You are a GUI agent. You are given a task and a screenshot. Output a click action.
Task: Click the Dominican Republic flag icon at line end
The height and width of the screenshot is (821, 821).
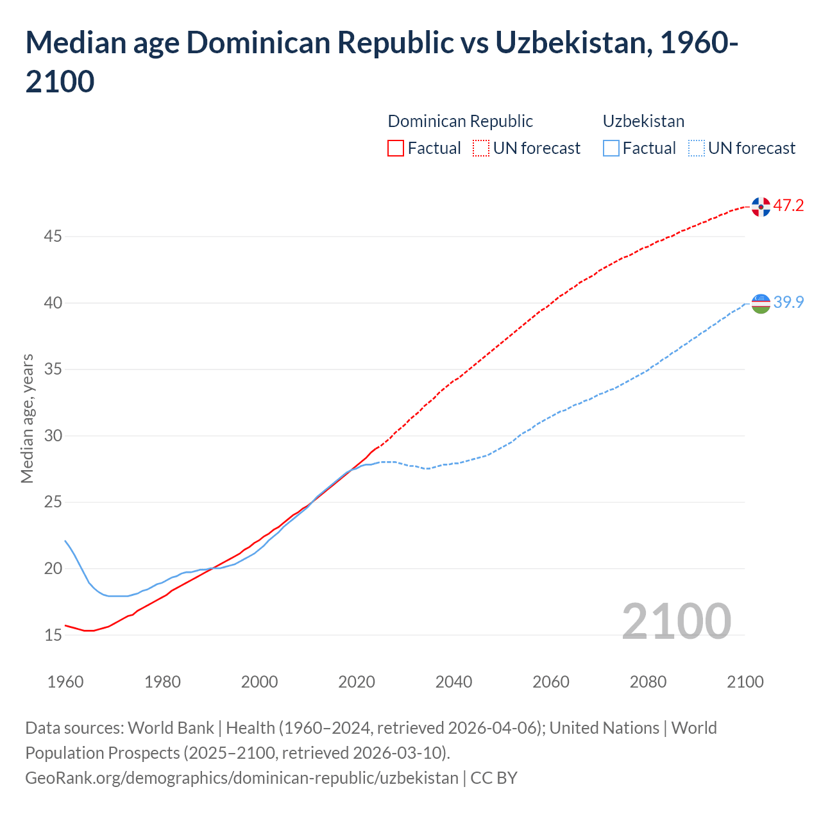coord(761,207)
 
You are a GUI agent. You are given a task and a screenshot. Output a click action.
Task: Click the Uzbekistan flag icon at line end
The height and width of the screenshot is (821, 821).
coord(761,303)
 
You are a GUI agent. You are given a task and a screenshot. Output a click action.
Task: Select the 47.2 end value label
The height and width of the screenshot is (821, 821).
coord(788,206)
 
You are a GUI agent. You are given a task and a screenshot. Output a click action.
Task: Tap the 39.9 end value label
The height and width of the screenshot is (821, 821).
coord(788,303)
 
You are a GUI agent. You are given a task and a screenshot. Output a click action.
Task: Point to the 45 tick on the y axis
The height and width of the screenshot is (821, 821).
coord(53,237)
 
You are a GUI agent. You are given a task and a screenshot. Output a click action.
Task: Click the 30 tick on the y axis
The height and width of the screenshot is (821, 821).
coord(53,436)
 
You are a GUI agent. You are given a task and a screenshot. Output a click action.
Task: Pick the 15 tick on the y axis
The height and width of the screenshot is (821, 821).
coord(53,636)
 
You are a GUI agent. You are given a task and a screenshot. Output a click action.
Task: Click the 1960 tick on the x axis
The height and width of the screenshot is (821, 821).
coord(65,682)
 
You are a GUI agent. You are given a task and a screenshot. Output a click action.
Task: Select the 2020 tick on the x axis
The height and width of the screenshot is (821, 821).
coord(357,682)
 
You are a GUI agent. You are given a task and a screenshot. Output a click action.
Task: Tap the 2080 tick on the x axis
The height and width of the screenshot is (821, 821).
coord(648,682)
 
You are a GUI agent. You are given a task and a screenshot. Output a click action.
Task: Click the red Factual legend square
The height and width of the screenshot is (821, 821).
coord(396,148)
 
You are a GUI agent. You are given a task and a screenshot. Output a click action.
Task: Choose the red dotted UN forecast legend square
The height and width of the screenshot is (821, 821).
coord(481,148)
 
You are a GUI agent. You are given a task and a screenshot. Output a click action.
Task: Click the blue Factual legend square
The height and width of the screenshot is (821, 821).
coord(611,148)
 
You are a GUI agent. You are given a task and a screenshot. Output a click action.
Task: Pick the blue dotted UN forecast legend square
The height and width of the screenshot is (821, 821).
coord(696,148)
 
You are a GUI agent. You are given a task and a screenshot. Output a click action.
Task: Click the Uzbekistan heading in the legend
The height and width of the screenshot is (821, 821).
coord(643,121)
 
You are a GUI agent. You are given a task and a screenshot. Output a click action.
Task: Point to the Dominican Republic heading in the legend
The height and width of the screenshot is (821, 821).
coord(460,121)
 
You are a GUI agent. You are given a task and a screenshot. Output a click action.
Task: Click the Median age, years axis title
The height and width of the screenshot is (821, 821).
coord(27,418)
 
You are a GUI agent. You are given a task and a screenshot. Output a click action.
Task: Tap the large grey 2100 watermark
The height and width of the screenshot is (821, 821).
coord(676,621)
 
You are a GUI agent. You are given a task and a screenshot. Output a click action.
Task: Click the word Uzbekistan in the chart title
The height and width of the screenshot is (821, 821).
coord(572,43)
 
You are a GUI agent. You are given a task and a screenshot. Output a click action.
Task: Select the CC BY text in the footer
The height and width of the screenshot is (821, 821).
coord(494,778)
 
